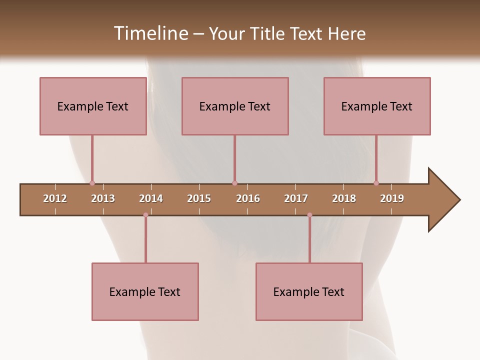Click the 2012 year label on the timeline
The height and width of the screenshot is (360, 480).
coord(55,198)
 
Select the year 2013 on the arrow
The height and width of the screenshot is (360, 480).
coord(103,198)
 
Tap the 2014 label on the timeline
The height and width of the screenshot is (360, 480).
coord(151,198)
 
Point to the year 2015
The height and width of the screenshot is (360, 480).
coord(199,198)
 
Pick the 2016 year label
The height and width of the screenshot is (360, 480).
coord(248,198)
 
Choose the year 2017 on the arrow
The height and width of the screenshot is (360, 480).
coord(296,198)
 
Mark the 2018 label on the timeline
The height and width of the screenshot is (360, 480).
coord(344,198)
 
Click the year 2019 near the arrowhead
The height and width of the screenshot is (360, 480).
coord(392,198)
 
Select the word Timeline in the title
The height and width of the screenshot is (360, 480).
coord(150,33)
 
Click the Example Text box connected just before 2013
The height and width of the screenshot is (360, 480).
coord(93,106)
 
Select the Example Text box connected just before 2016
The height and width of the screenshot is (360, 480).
coord(235,106)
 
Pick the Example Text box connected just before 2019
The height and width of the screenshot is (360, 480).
coord(377,106)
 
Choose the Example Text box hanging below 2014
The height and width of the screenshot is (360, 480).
coord(145,291)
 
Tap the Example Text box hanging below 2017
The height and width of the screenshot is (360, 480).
coord(309,291)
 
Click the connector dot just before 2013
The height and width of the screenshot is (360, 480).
coord(92,183)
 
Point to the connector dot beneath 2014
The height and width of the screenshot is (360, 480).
coord(145,215)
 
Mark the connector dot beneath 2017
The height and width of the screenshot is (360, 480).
coord(309,215)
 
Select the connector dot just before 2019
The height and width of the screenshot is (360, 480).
coord(376,183)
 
